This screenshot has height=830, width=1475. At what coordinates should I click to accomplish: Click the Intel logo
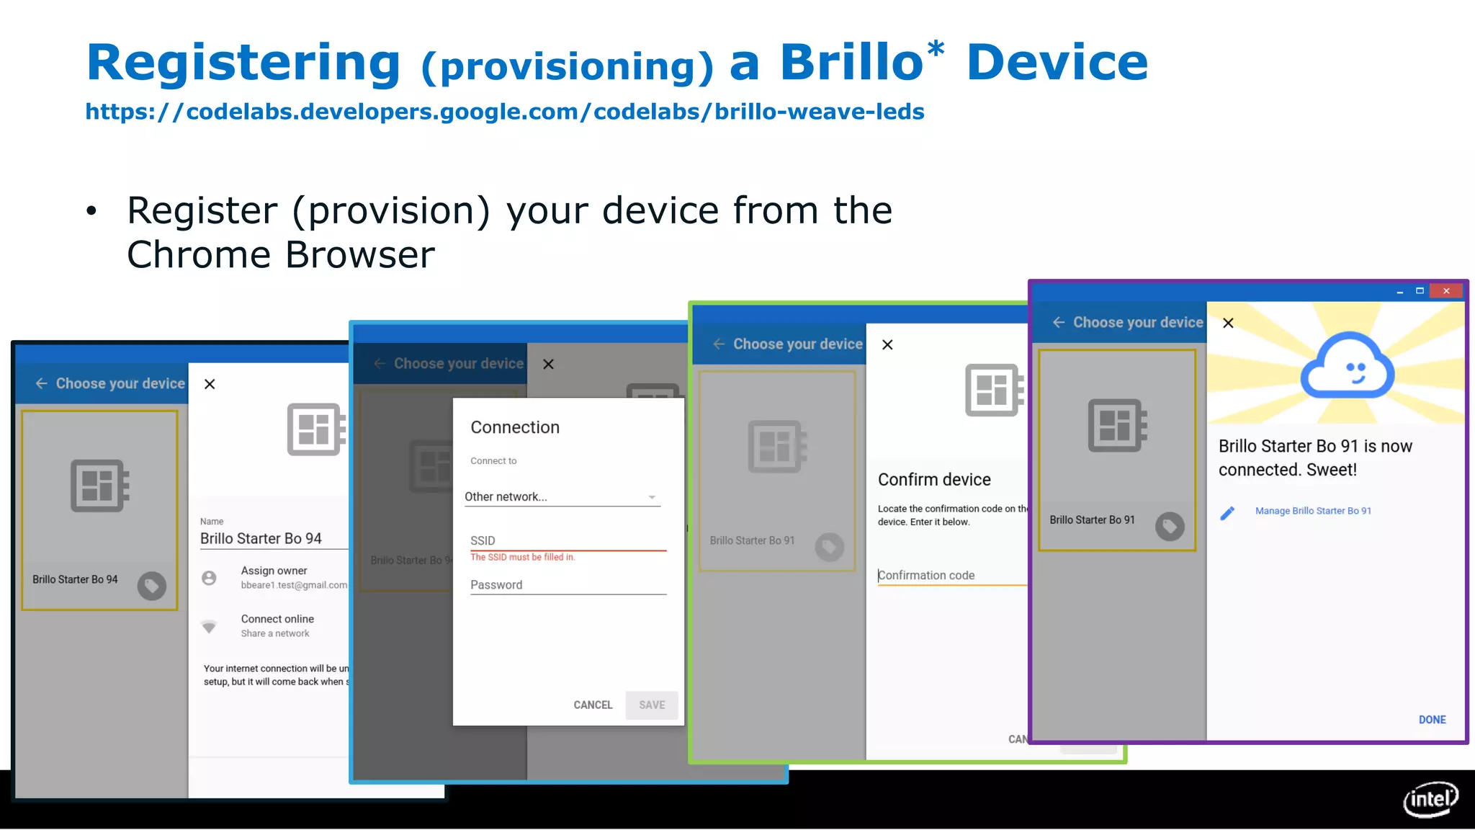[x=1430, y=798]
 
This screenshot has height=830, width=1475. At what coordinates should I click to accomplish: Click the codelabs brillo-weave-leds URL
[x=504, y=112]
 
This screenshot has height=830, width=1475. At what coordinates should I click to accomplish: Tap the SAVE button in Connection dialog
[x=652, y=705]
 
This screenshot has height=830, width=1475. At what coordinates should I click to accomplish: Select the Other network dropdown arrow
[x=652, y=497]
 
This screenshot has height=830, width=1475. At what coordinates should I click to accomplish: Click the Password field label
[x=496, y=585]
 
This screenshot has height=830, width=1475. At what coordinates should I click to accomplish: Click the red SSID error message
[x=523, y=557]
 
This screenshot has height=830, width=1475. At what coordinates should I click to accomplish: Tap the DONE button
[x=1432, y=719]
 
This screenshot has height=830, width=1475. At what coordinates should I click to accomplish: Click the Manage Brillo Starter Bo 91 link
[x=1313, y=511]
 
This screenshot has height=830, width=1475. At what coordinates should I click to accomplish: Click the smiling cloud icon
[x=1347, y=367]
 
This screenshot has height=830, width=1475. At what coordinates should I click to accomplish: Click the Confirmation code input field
[x=951, y=575]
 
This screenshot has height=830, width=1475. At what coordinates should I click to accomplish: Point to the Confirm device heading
[x=934, y=480]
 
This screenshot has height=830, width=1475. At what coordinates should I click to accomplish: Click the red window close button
[x=1446, y=291]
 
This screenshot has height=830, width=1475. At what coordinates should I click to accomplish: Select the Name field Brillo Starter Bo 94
[x=261, y=538]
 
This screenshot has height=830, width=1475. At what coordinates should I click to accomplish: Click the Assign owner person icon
[x=209, y=578]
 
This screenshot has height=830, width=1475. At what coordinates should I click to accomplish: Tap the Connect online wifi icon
[x=209, y=626]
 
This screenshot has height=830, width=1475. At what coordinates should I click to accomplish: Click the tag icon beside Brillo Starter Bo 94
[x=152, y=586]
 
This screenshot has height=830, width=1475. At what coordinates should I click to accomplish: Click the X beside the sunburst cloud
[x=1228, y=323]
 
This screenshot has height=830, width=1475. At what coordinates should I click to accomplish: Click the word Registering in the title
[x=243, y=63]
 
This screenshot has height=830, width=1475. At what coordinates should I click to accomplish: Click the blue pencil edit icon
[x=1227, y=512]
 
